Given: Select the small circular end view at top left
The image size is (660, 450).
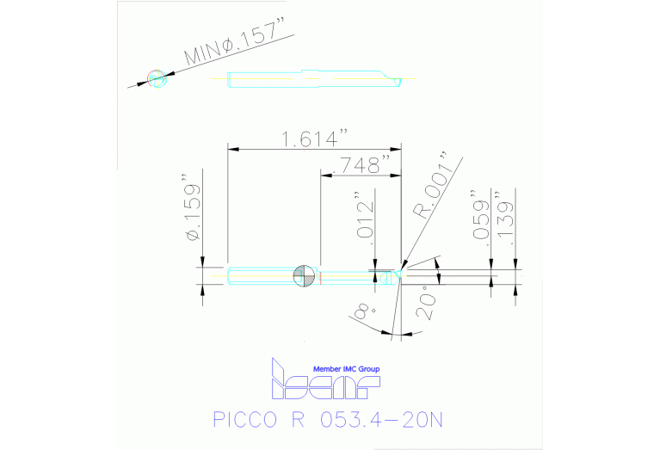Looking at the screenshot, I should pyautogui.click(x=156, y=78).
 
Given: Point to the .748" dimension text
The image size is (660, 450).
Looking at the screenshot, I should pyautogui.click(x=361, y=164).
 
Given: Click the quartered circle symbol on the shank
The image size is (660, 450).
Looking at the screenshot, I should pyautogui.click(x=303, y=275).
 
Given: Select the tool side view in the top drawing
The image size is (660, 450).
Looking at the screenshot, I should pyautogui.click(x=314, y=80).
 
